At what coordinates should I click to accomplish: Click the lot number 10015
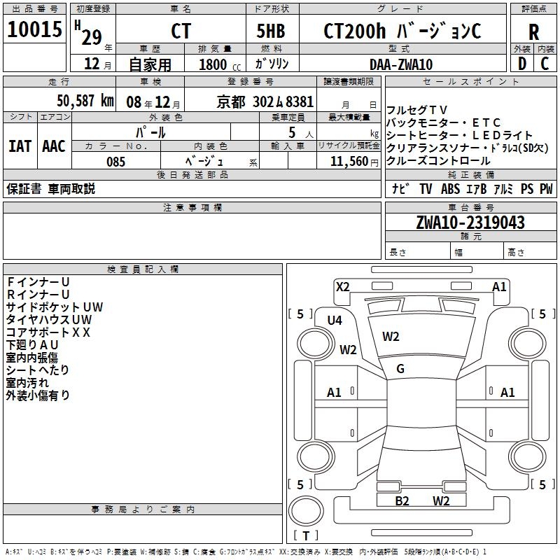tap(35, 30)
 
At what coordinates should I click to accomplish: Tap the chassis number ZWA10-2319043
tap(470, 223)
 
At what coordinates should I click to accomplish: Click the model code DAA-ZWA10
tap(401, 64)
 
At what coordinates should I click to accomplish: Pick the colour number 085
tap(115, 161)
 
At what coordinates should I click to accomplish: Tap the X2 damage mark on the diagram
tap(342, 286)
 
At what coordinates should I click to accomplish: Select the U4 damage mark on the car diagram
tap(335, 320)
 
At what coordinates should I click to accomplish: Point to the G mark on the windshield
tap(400, 369)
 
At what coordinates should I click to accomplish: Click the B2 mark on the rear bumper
tap(402, 500)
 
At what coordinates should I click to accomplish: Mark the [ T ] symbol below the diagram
tap(306, 535)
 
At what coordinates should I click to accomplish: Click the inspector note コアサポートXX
tap(49, 332)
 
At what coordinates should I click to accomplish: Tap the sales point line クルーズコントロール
tap(439, 160)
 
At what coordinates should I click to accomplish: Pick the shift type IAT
tap(20, 146)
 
